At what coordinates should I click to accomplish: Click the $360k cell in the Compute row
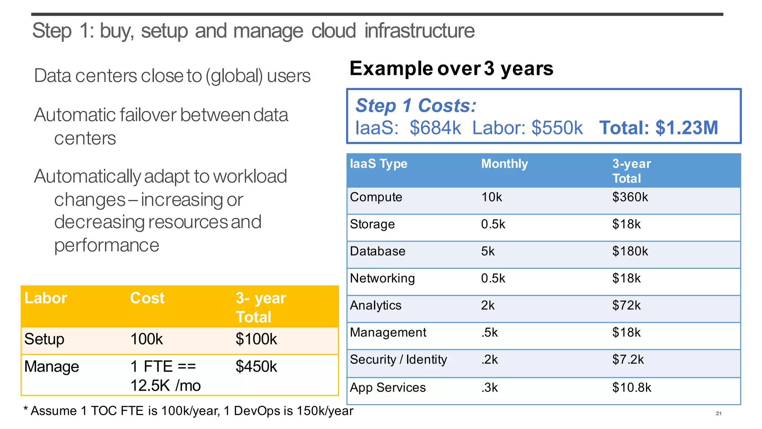tap(630, 197)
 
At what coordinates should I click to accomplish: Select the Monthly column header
tap(505, 164)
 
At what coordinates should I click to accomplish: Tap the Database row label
tap(377, 251)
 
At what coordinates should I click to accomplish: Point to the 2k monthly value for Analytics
tap(487, 305)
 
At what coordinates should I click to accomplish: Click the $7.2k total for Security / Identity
tap(628, 360)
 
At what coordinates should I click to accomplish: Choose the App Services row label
tap(388, 388)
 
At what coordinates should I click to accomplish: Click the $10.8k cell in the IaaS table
tap(631, 388)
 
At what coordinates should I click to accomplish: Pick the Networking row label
tap(382, 279)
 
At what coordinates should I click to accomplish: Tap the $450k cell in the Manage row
tap(256, 367)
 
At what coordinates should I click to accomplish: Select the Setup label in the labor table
tap(44, 339)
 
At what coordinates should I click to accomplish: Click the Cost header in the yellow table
tap(147, 298)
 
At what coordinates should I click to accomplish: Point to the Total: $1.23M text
tap(658, 128)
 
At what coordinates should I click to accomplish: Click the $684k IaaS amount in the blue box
tap(435, 128)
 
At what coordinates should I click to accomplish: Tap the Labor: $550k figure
tap(527, 128)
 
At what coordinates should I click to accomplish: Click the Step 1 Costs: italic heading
tap(416, 106)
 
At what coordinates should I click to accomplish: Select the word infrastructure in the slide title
tap(419, 31)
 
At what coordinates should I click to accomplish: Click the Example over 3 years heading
tap(451, 69)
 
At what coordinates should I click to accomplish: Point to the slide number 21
tap(718, 413)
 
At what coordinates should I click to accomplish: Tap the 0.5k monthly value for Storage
tap(493, 225)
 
